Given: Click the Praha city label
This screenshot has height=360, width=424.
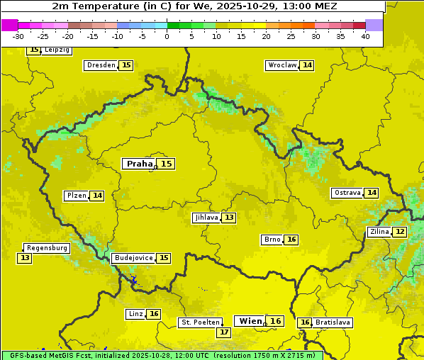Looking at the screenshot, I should pos(139,164).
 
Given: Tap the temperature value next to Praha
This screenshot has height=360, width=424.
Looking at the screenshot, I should pos(166,164).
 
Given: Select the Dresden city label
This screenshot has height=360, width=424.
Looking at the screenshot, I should pos(101,65).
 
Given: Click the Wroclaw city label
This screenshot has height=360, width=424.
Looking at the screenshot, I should pos(281,65).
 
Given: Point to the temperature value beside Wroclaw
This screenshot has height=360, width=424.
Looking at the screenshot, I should pos(307,65).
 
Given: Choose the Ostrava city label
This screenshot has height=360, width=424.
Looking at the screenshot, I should pos(347,193).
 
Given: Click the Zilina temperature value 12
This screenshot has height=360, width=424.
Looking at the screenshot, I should pos(400,232).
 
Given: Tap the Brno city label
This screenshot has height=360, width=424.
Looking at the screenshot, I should pos(272,240).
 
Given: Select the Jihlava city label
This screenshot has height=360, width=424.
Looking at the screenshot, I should pos(206,218).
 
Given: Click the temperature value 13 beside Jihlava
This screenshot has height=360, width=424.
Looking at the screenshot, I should pos(228,218).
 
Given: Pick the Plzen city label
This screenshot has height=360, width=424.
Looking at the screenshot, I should pos(76,196).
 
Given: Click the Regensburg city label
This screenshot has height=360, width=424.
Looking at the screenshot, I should pos(47,248).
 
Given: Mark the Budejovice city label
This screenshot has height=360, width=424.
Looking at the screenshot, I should pos(133,258).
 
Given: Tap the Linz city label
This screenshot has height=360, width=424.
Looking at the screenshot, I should pos(135,314).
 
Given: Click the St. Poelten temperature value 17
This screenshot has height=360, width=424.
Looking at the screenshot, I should pos(224,332).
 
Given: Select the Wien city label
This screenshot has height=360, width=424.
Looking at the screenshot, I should pos(250,321).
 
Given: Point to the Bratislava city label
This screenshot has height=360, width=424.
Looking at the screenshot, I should pos(333,322).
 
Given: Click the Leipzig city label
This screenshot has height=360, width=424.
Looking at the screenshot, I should pos(57,50).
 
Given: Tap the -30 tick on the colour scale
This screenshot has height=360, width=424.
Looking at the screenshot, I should pos(18,36).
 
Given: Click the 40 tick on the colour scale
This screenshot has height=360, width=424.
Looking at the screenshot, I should pos(365,36).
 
